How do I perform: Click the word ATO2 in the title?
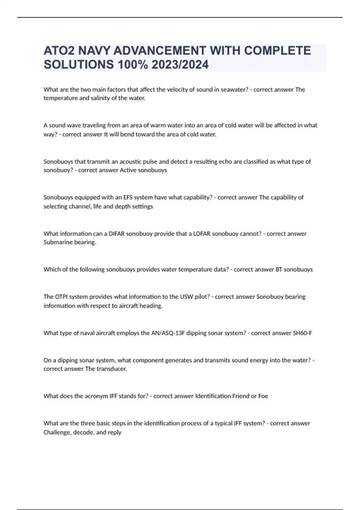[59, 51]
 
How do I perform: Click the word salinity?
[98, 98]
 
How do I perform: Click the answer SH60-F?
[302, 333]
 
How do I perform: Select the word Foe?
[263, 396]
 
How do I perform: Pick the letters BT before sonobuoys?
[279, 269]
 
